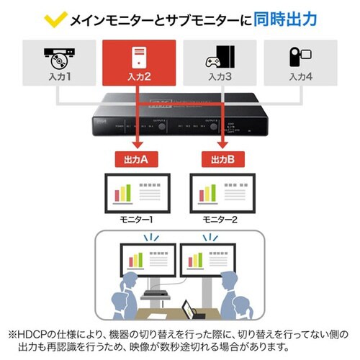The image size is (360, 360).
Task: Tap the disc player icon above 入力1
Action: [59, 57]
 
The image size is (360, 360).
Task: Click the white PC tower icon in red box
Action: [139, 55]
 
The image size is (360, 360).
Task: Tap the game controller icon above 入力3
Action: [220, 57]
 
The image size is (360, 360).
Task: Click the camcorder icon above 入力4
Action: [300, 57]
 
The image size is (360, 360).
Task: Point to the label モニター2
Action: [220, 218]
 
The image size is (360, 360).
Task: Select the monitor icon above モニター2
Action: [220, 192]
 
